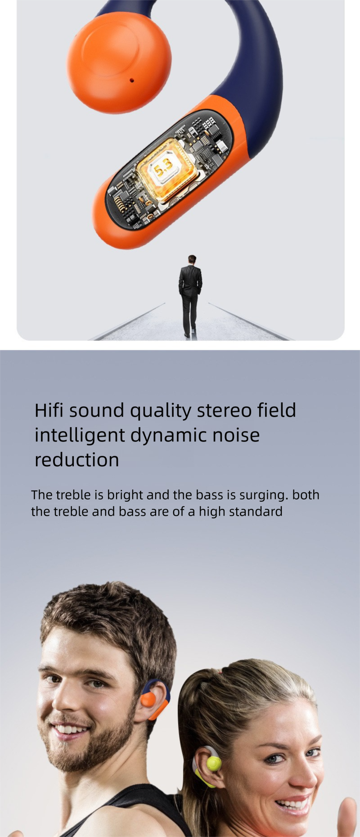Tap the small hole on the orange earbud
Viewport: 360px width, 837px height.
[x=131, y=81]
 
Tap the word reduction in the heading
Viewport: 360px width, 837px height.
[x=77, y=460]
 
